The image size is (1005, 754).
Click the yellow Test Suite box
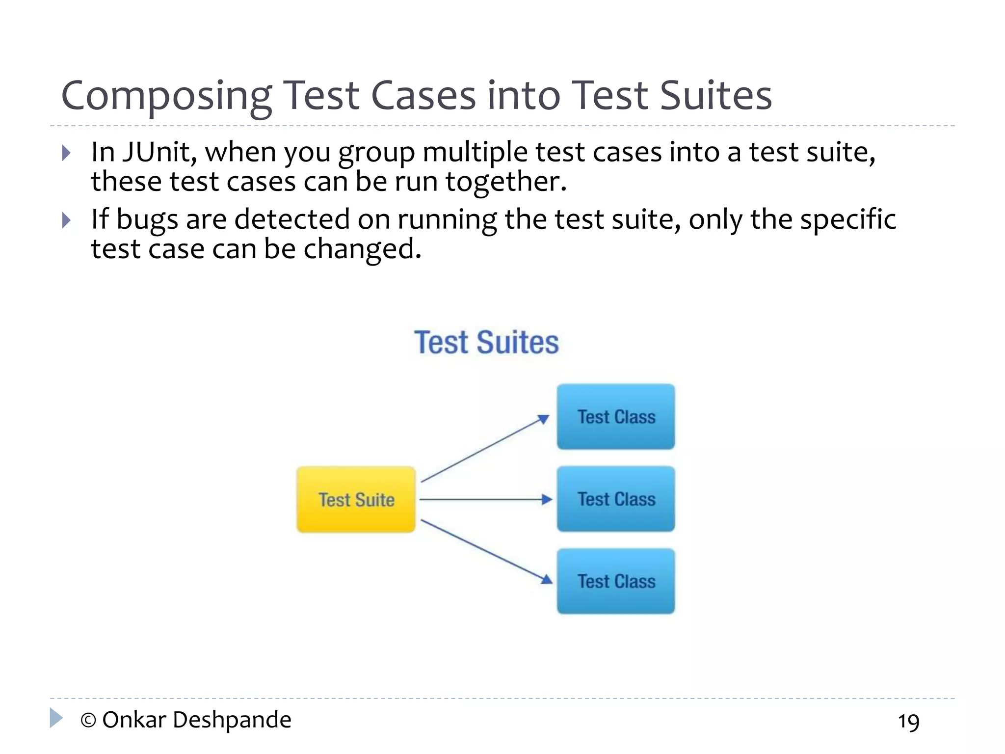click(356, 499)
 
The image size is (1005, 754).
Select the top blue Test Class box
click(616, 417)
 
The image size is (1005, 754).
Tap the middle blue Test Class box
click(616, 499)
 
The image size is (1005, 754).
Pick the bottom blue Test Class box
click(616, 581)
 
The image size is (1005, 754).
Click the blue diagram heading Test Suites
click(486, 342)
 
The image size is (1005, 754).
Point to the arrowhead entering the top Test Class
click(543, 419)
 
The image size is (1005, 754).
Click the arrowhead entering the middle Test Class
click(547, 499)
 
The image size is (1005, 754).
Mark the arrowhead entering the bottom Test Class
click(546, 579)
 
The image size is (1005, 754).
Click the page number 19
click(908, 722)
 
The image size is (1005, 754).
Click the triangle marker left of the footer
click(56, 718)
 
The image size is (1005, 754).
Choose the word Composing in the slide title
click(166, 96)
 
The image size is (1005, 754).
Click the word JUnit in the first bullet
click(159, 152)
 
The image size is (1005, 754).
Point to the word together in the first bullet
click(505, 182)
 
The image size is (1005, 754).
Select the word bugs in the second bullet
click(147, 219)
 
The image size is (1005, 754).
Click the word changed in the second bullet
click(362, 249)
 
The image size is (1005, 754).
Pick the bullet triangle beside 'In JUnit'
click(67, 153)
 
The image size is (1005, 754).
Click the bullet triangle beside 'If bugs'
click(67, 220)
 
